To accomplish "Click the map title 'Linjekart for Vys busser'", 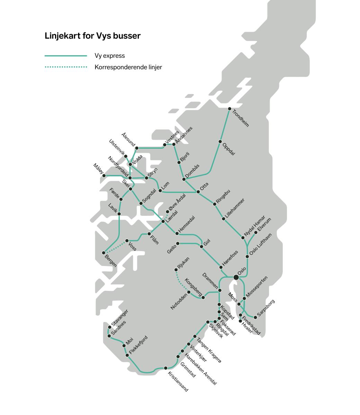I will (92, 36).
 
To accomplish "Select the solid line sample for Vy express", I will (66, 56).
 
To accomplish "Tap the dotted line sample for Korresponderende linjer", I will (66, 67).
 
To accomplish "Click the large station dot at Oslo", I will (236, 277).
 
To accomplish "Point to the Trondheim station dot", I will (229, 109).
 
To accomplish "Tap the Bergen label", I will (111, 260).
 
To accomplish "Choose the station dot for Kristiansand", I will (166, 368).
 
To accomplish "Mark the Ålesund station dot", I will (137, 148).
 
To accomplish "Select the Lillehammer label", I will (235, 209).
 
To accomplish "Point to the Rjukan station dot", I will (176, 270).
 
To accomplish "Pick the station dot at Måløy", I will (104, 176).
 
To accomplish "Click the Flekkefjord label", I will (138, 345).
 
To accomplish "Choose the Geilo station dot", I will (178, 244).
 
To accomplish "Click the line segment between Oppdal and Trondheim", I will (225, 125).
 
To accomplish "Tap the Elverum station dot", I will (256, 233).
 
